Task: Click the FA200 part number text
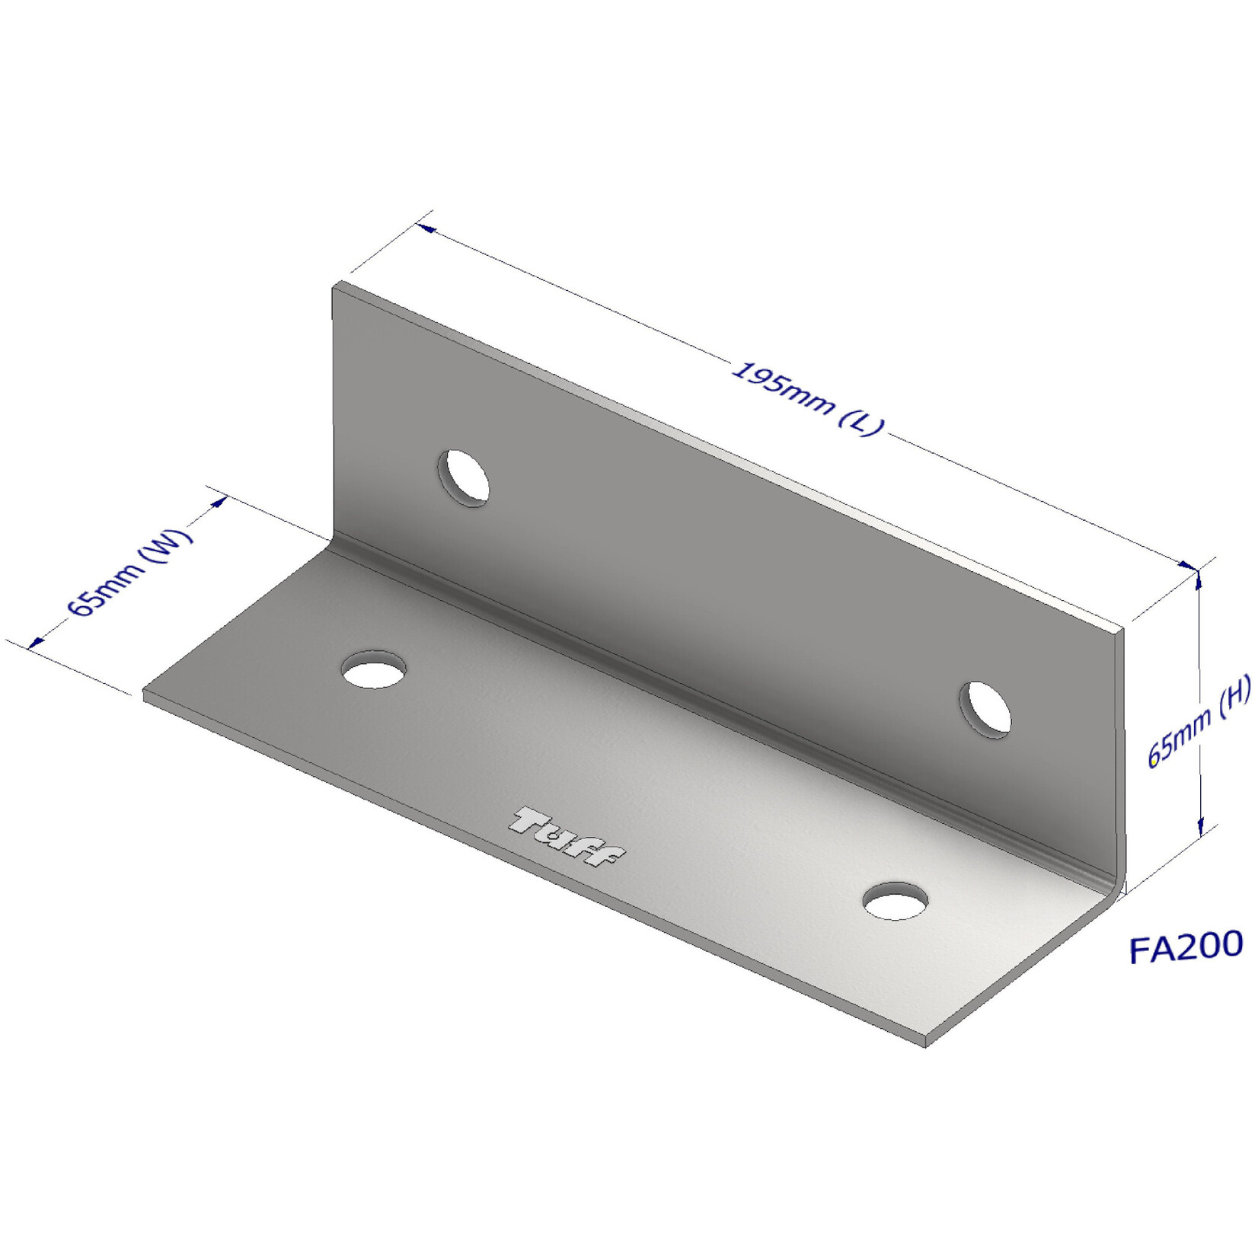coord(1186,947)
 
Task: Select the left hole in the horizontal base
coord(373,670)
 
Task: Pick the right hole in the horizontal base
coord(896,902)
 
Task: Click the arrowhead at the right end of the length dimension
coord(1188,566)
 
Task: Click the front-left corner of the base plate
coord(145,694)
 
